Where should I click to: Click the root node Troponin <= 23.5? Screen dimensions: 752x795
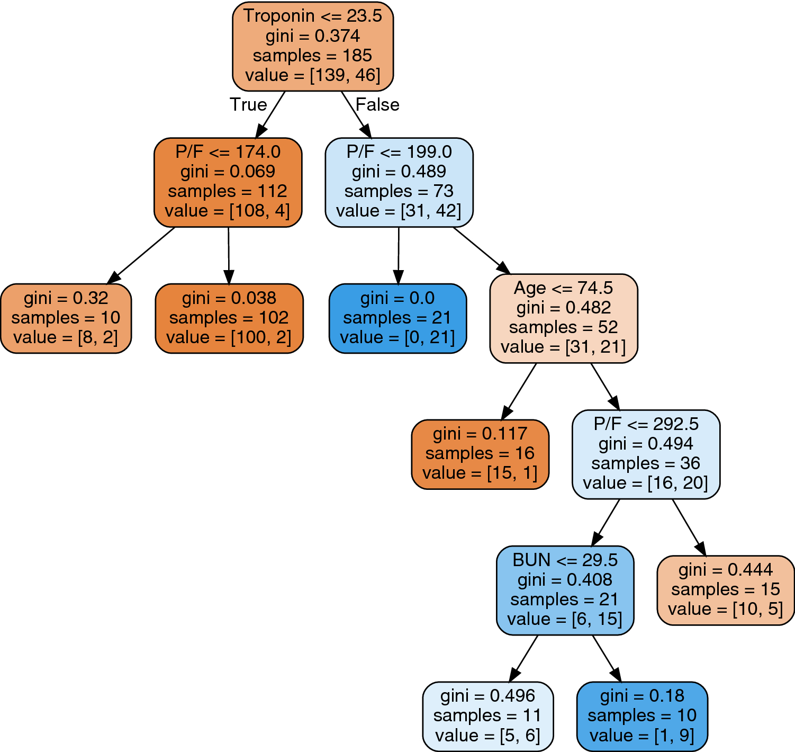pyautogui.click(x=313, y=46)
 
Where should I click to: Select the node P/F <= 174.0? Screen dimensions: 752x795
pyautogui.click(x=228, y=182)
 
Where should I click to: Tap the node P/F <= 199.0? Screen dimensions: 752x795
pyautogui.click(x=399, y=182)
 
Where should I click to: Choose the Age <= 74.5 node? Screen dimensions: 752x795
pyautogui.click(x=564, y=318)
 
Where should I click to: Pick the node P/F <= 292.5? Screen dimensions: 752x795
pyautogui.click(x=646, y=454)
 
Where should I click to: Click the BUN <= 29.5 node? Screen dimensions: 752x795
pyautogui.click(x=565, y=590)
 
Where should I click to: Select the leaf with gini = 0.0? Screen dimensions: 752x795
pyautogui.click(x=397, y=318)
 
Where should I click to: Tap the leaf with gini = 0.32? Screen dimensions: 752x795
pyautogui.click(x=66, y=318)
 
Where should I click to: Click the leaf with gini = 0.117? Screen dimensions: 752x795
pyautogui.click(x=480, y=454)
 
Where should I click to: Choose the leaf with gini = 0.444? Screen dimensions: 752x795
pyautogui.click(x=725, y=590)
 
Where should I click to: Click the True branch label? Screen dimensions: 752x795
pyautogui.click(x=248, y=104)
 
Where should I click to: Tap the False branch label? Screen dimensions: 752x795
pyautogui.click(x=377, y=104)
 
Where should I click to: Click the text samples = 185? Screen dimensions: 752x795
pyautogui.click(x=312, y=56)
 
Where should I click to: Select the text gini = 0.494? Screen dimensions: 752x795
pyautogui.click(x=646, y=444)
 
